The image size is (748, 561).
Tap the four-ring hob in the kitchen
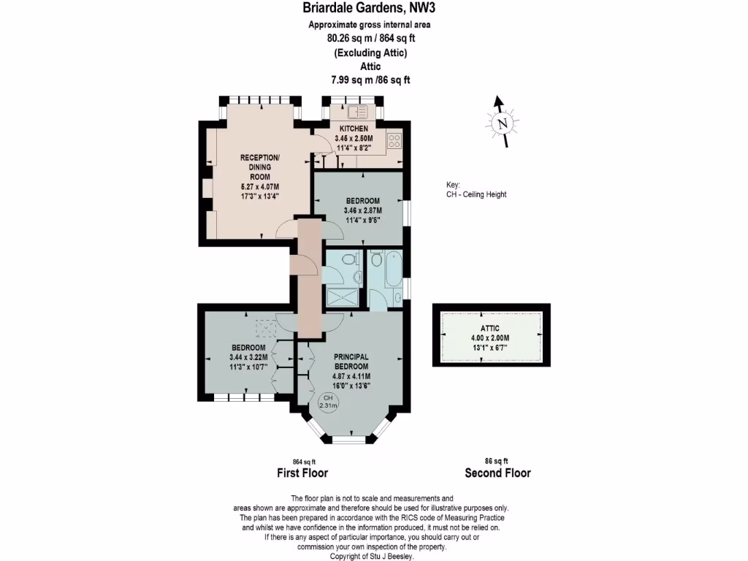[394, 140]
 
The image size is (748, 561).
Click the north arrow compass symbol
[501, 123]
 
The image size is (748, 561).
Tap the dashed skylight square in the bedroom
[264, 326]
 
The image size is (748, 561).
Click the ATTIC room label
[489, 329]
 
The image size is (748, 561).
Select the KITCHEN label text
[354, 129]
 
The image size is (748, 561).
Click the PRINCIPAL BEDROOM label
[351, 362]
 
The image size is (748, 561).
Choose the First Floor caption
[302, 473]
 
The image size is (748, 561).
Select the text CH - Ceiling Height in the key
[476, 194]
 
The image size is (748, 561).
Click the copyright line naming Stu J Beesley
[373, 557]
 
